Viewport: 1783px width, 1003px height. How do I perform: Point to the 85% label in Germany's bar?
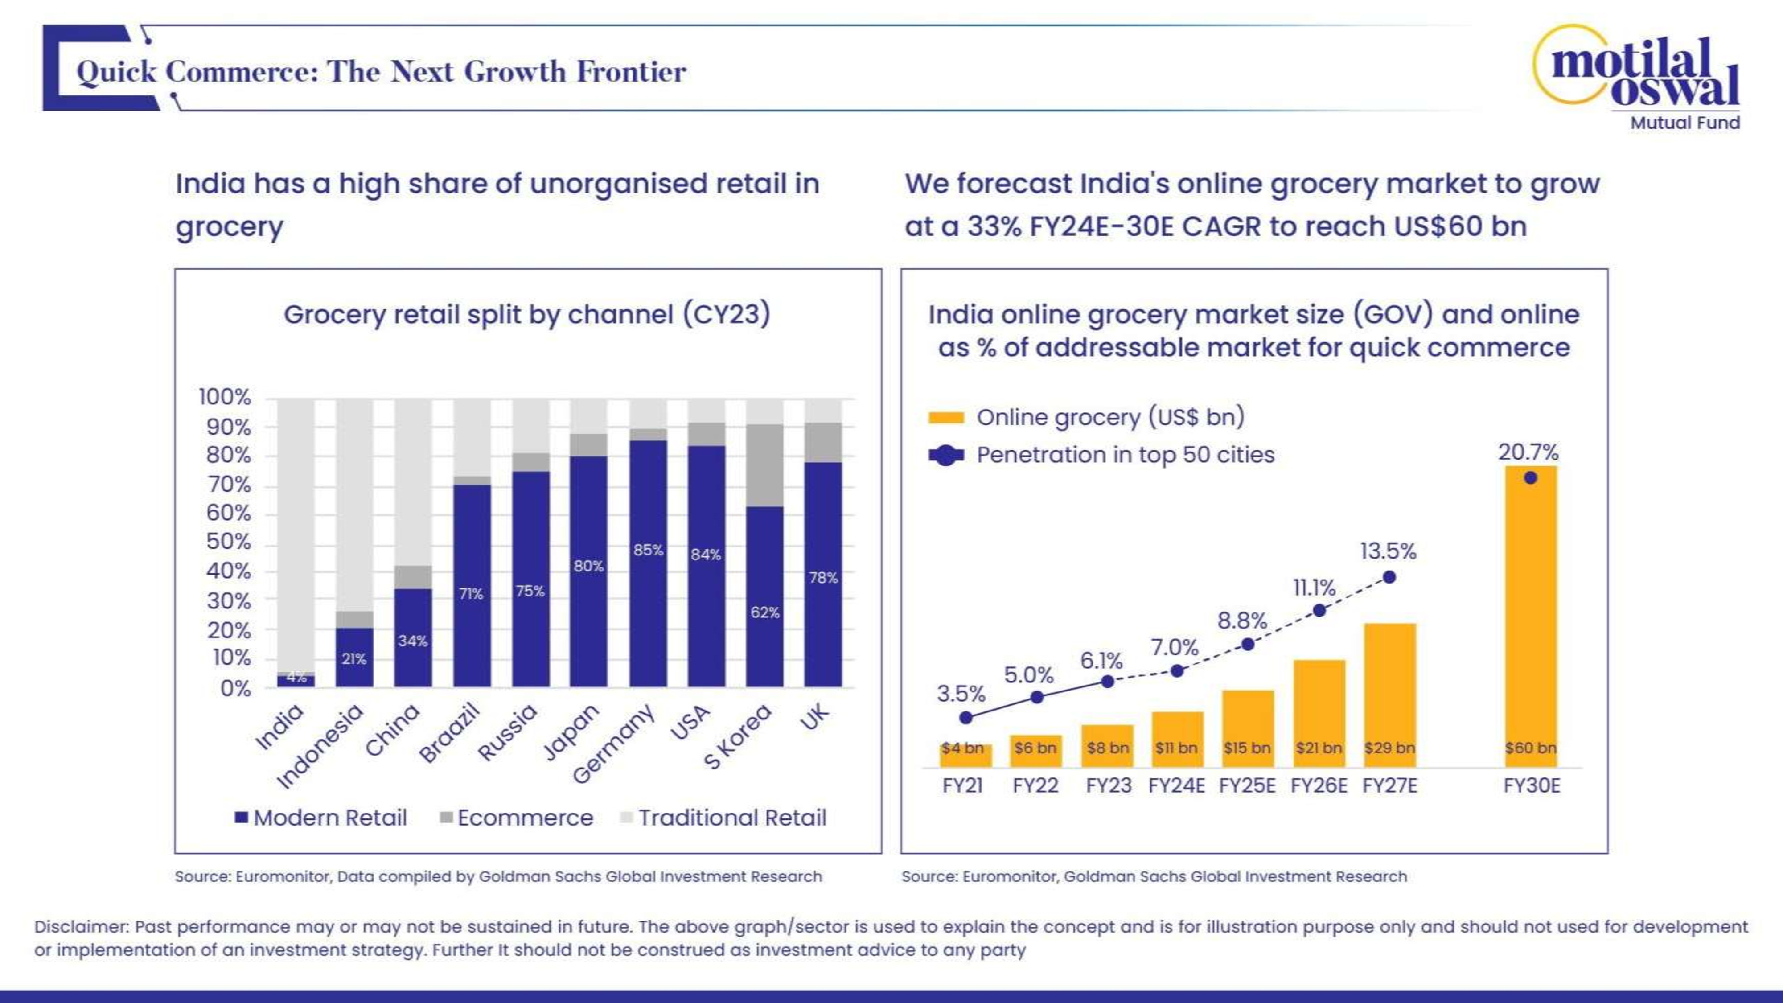[x=648, y=550]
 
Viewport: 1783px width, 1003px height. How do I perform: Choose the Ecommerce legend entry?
[x=516, y=818]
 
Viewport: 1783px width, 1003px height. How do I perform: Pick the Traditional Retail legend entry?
[x=724, y=818]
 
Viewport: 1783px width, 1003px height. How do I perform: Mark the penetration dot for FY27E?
[x=1389, y=577]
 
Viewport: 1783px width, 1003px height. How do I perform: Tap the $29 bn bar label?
[x=1389, y=748]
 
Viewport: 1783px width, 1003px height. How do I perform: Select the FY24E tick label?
[x=1176, y=785]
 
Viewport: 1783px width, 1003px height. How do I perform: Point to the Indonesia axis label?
[x=320, y=746]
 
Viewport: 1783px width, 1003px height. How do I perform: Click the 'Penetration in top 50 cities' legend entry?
[x=1125, y=455]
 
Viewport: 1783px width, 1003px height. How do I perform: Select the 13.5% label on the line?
[x=1388, y=552]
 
